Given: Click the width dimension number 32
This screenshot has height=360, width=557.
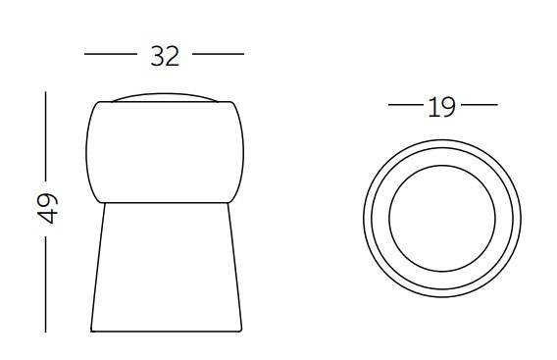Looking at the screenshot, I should click(165, 56).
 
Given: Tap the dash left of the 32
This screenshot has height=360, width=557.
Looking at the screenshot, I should click(109, 55).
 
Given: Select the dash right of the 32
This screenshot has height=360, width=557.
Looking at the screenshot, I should click(219, 55).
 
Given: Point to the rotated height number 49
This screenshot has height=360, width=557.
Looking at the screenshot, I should click(46, 209).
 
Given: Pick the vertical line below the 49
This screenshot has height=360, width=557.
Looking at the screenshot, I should click(45, 284).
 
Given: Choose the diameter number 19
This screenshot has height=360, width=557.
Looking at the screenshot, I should click(442, 105).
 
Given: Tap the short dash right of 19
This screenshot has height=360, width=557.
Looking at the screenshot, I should click(479, 104).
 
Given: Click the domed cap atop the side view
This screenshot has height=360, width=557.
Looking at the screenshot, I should click(164, 97).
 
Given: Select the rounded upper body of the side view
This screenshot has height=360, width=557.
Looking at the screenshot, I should click(164, 151).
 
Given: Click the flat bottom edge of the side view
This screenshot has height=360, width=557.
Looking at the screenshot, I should click(164, 331).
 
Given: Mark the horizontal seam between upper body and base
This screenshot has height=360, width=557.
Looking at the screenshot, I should click(164, 202).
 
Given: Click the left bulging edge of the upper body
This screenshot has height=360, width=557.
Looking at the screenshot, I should click(87, 151).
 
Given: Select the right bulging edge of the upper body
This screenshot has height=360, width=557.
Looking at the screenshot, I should click(241, 151).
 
